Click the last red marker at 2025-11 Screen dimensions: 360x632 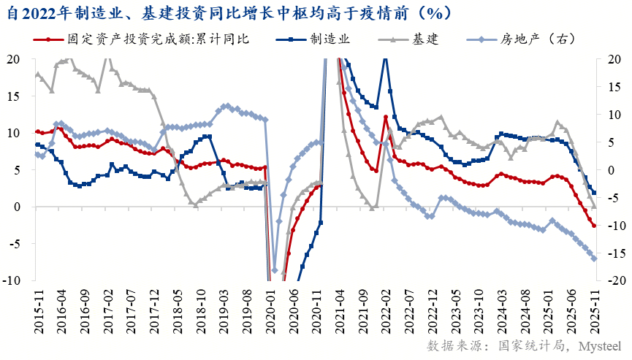594,226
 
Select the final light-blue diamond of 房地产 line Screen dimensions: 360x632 594,258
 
